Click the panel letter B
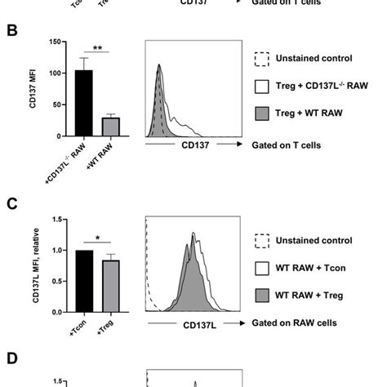pos(12,33)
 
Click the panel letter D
pos(12,359)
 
